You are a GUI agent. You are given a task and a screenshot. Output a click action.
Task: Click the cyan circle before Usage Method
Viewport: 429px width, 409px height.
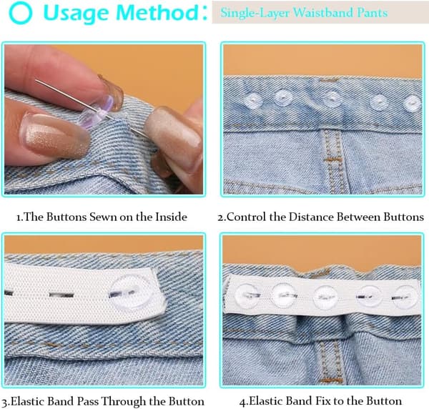(x=21, y=13)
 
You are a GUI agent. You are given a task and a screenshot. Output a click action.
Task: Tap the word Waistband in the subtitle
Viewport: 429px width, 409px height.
(x=323, y=13)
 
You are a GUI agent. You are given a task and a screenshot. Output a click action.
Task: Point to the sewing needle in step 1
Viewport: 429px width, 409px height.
(x=91, y=108)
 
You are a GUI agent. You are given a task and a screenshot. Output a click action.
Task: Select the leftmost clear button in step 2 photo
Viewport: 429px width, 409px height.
(x=253, y=100)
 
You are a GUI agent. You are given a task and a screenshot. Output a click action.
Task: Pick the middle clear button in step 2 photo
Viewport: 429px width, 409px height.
(x=331, y=99)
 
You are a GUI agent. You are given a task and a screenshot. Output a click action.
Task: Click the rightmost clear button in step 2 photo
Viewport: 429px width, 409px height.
(x=413, y=104)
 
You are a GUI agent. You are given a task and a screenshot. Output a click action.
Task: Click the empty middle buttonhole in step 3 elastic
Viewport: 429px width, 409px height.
(x=61, y=295)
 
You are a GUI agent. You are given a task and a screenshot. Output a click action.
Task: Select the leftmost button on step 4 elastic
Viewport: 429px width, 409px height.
(x=247, y=295)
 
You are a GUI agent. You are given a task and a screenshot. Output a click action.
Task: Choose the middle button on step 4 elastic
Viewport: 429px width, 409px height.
(x=326, y=297)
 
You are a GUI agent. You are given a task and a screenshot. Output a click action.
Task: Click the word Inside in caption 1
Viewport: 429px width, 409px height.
(x=172, y=217)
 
